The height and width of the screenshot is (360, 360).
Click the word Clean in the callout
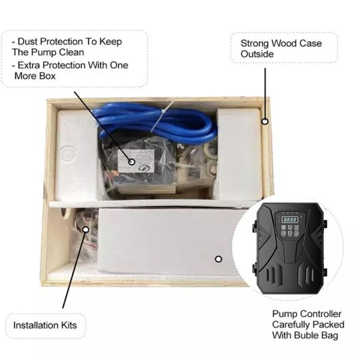pos(72,52)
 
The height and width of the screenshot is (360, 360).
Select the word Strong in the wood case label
pos(255,43)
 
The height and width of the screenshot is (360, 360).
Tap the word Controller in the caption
pos(321,314)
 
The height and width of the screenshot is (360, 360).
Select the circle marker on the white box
pos(218,259)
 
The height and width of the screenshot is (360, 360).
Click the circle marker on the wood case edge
pos(264,121)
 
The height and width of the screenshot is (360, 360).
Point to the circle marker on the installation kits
pos(86,229)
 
